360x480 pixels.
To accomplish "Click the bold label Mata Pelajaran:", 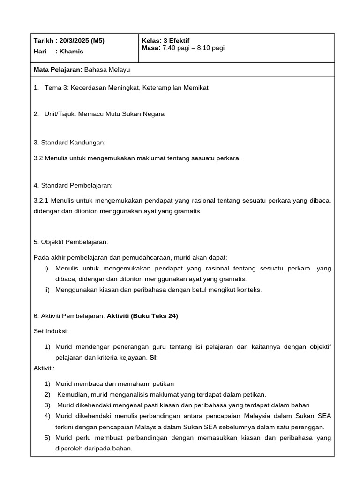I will tap(58, 69).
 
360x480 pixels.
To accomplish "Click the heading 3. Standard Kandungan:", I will tap(70, 142).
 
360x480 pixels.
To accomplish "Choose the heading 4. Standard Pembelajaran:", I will tap(73, 186).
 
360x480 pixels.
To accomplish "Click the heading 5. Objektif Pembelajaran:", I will tap(71, 242).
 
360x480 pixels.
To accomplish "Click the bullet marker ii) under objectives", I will tap(46, 289).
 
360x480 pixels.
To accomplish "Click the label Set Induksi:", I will tap(51, 331).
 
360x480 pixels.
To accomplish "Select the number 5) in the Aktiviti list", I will tap(47, 438).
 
